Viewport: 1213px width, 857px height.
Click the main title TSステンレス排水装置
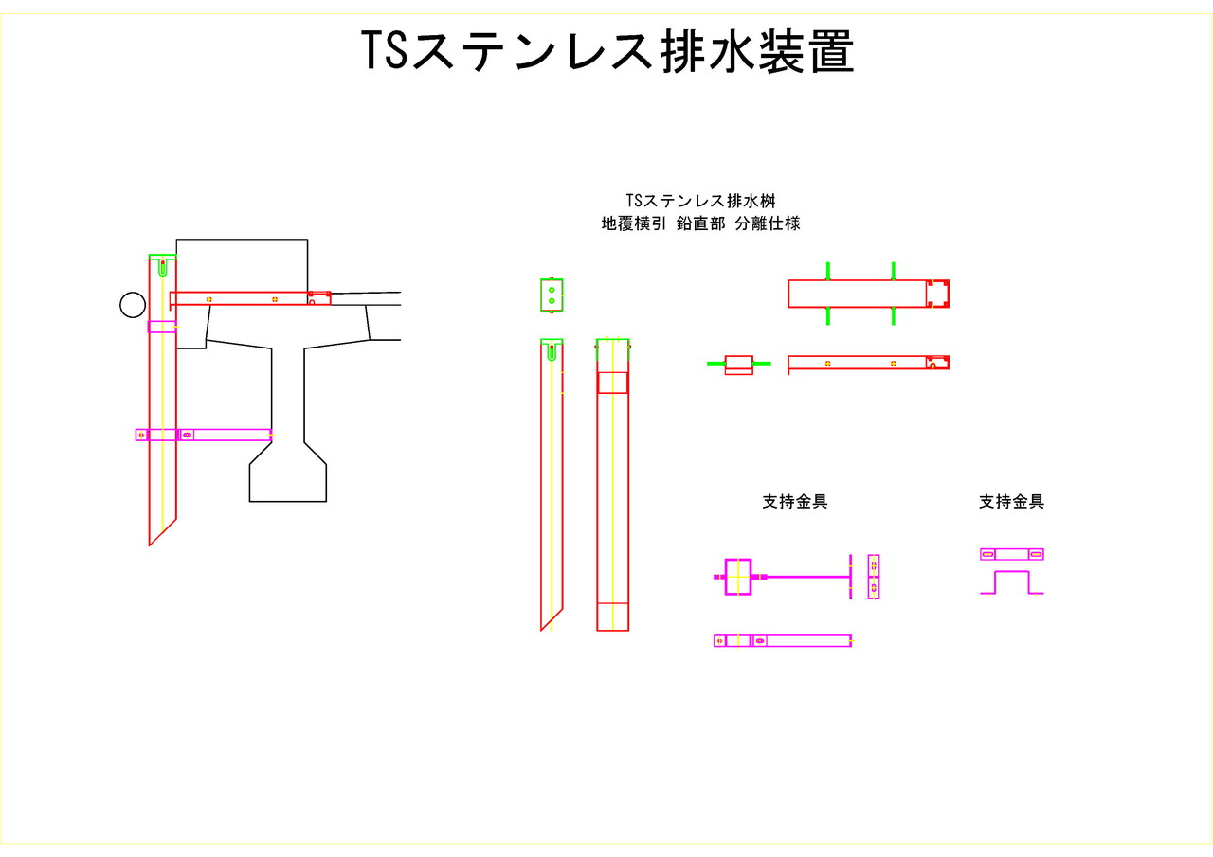tap(607, 51)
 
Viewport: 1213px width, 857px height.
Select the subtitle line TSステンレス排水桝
tap(701, 201)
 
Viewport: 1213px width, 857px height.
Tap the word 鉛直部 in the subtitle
tap(701, 224)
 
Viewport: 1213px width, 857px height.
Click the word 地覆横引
tap(634, 224)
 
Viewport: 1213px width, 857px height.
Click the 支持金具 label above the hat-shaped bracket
tap(1011, 502)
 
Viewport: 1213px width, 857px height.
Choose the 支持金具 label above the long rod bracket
tap(795, 502)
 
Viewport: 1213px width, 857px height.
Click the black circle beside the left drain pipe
tap(133, 304)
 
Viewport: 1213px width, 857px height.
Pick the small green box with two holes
tap(552, 295)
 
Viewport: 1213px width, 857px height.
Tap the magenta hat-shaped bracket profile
tap(1012, 581)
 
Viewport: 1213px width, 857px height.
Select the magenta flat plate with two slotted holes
tap(1012, 554)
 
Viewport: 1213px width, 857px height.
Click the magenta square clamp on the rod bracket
tap(737, 576)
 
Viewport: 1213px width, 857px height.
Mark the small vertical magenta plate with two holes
tap(873, 577)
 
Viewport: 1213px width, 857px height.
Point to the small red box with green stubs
tap(738, 365)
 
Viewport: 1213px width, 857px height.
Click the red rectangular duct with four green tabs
tap(858, 294)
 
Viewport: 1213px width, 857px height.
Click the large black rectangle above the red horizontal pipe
tap(242, 265)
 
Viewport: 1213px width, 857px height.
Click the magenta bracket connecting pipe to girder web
tap(225, 435)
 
